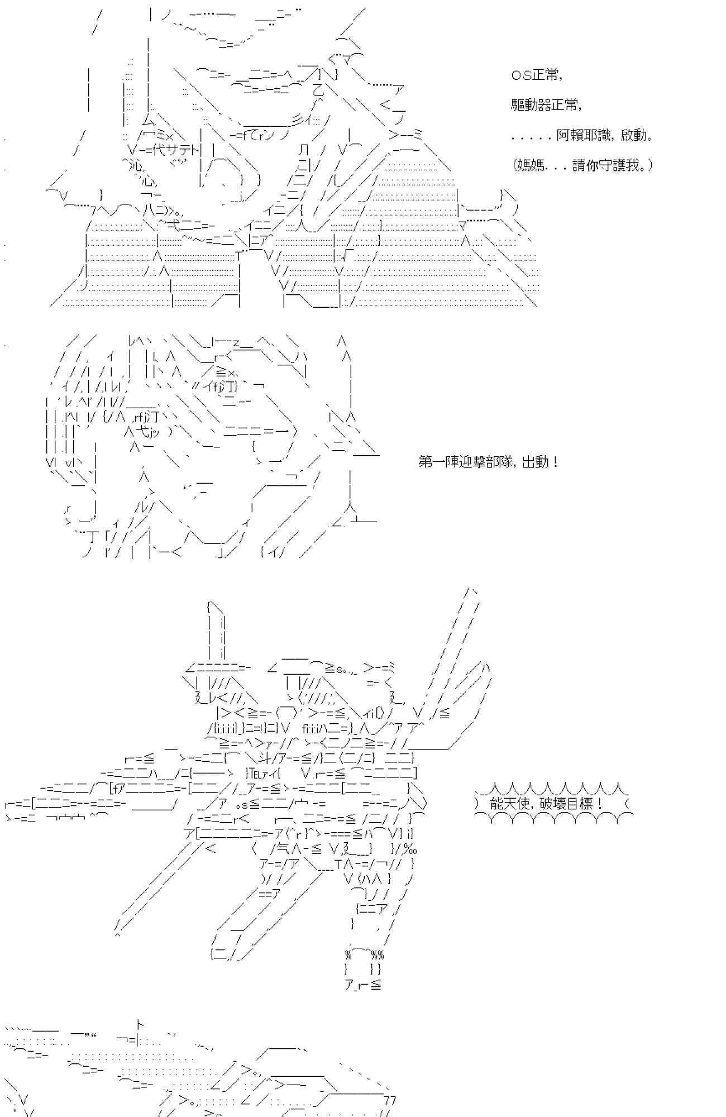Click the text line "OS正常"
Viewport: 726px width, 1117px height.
click(x=536, y=75)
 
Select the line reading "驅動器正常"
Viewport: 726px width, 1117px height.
click(x=546, y=105)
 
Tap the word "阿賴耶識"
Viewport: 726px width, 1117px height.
click(x=584, y=135)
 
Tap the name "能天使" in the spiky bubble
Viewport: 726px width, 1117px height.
click(x=508, y=804)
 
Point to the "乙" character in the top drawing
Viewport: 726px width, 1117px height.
click(x=317, y=90)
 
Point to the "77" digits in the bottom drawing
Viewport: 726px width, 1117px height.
click(x=390, y=1100)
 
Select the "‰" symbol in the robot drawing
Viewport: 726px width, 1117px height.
click(x=411, y=849)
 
